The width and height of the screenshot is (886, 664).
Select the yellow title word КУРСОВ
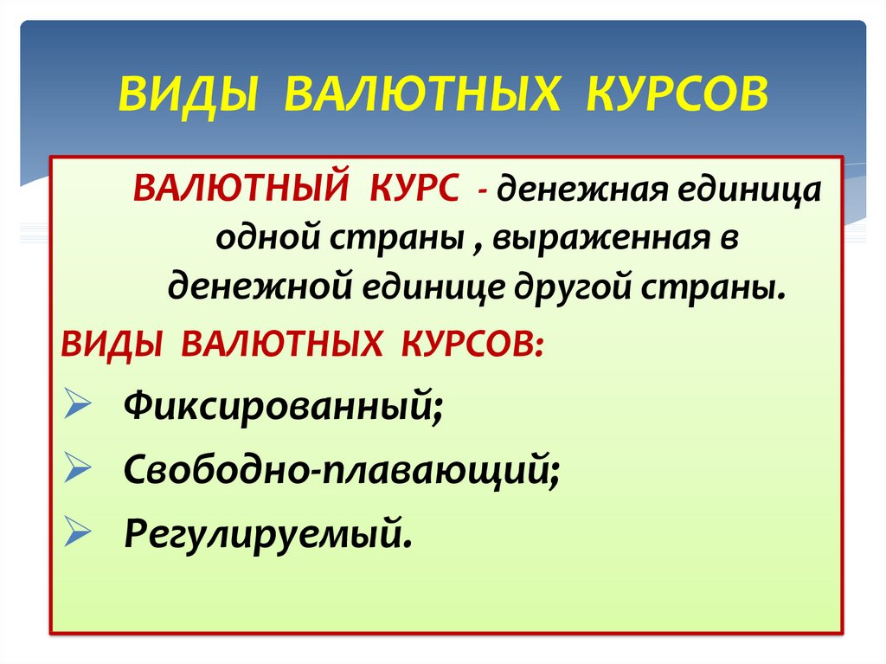click(676, 94)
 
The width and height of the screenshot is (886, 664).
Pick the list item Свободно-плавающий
click(341, 470)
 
